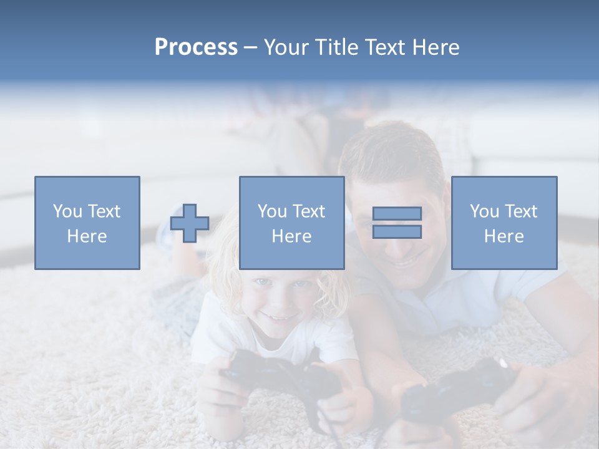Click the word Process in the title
pos(196,47)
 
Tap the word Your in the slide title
pos(286,47)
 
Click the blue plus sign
pos(190,223)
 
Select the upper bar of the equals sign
pos(397,214)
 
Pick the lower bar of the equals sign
pos(397,232)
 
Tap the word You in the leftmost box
pos(67,211)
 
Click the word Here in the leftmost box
pos(87,236)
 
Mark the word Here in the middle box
pos(291,236)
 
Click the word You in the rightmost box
pos(484,211)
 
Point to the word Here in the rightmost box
pos(504,236)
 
